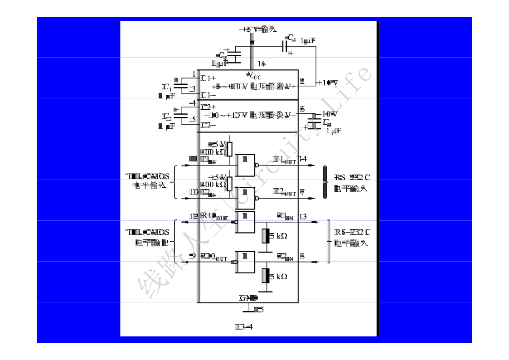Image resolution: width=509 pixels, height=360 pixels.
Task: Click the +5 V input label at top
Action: point(259,29)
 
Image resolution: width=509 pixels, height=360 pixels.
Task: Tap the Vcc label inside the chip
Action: point(254,75)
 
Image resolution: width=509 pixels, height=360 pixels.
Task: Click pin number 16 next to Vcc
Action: point(262,63)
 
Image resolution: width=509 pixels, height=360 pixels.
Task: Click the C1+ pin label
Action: point(208,78)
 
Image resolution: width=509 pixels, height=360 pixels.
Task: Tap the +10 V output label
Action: point(327,83)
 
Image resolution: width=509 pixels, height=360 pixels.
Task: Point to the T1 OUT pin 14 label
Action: point(290,159)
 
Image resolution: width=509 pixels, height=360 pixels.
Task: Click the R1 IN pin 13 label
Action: point(292,216)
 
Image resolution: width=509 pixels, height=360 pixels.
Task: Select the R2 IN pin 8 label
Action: point(291,256)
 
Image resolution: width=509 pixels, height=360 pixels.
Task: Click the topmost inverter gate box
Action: point(245,164)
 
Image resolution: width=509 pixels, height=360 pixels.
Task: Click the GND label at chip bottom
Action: point(248,298)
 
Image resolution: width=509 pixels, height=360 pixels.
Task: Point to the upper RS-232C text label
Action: point(352,177)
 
